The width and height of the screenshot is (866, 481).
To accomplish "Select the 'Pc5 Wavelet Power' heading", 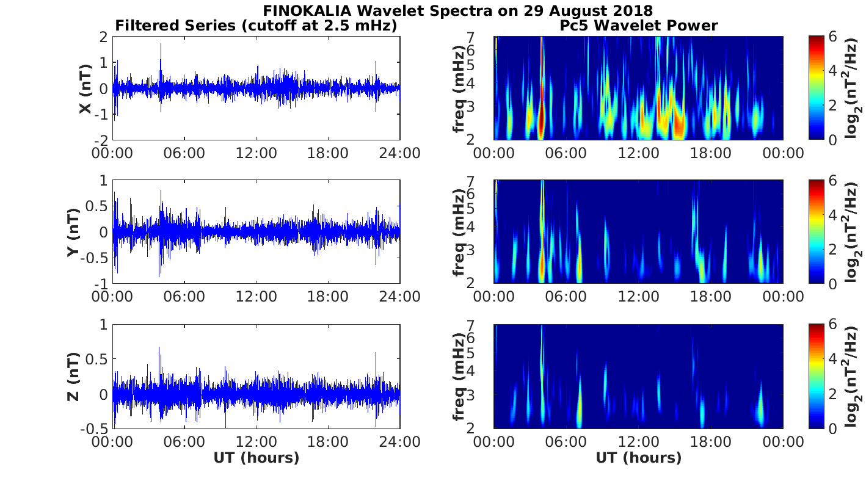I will pyautogui.click(x=638, y=26).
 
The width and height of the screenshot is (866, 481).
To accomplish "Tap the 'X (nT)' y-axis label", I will pyautogui.click(x=85, y=89).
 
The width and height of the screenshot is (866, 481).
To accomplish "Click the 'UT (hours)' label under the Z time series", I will pyautogui.click(x=256, y=458).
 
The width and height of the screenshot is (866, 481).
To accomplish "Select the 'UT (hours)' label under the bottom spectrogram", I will pyautogui.click(x=638, y=458).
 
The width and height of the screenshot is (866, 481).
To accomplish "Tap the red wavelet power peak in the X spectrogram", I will pyautogui.click(x=541, y=119).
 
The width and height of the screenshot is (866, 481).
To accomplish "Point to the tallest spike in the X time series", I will pyautogui.click(x=161, y=45).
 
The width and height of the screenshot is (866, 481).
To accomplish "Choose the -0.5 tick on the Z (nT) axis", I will pyautogui.click(x=95, y=428).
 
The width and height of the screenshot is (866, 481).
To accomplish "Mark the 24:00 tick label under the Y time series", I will pyautogui.click(x=399, y=297).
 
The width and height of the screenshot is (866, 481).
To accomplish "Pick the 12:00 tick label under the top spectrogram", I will pyautogui.click(x=638, y=153).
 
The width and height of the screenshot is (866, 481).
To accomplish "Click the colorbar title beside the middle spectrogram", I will pyautogui.click(x=853, y=232).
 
